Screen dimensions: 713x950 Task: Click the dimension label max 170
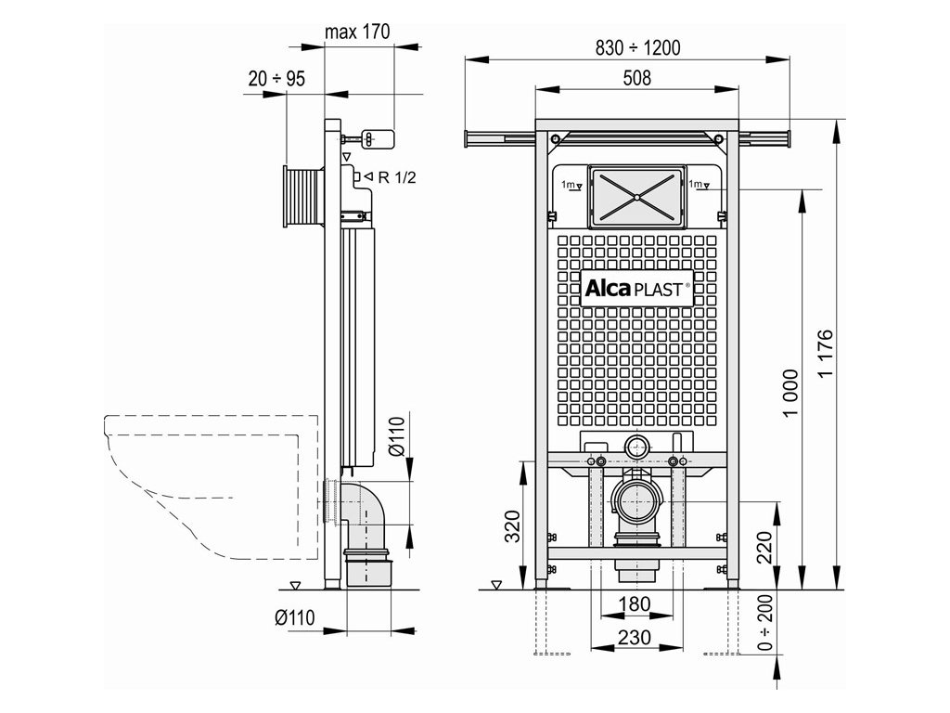pos(357,32)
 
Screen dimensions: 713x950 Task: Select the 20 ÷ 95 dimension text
pos(276,79)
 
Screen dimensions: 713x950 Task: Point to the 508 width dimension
pos(636,79)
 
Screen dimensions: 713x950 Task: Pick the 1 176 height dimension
pos(827,353)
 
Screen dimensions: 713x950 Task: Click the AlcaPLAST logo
pos(636,289)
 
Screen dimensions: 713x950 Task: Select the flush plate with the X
pos(636,197)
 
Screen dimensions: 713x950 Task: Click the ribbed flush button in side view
pos(303,197)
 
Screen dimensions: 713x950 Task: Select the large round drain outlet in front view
pos(636,501)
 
